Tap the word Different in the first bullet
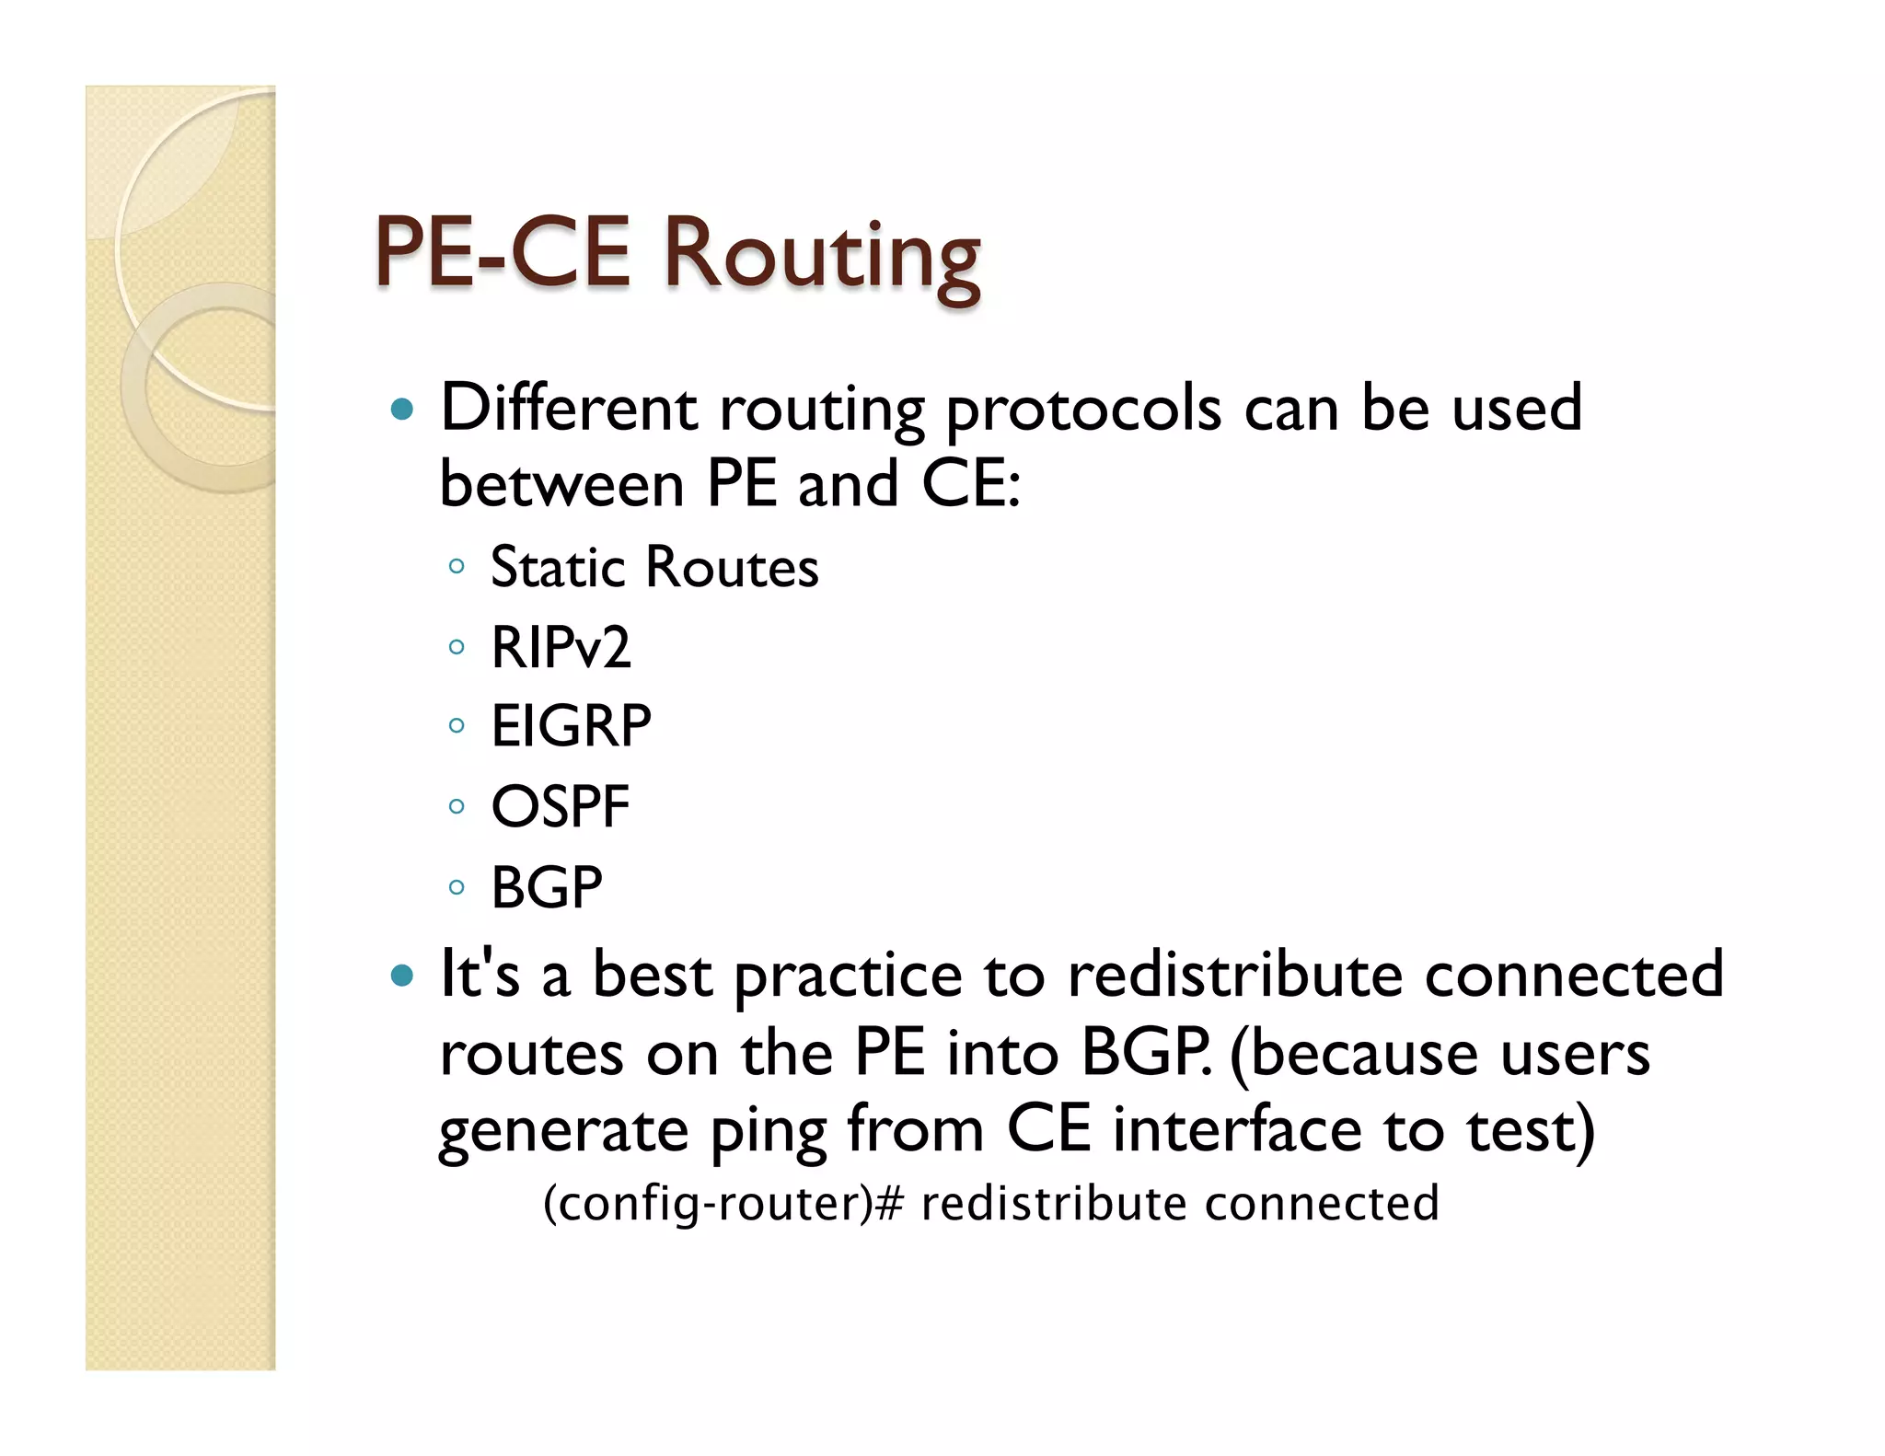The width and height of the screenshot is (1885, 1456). pyautogui.click(x=569, y=407)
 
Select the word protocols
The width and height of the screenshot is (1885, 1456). pyautogui.click(x=1084, y=410)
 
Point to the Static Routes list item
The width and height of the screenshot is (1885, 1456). pyautogui.click(x=654, y=567)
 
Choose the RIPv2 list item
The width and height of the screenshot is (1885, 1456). pyautogui.click(x=561, y=647)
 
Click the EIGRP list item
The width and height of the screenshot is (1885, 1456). pyautogui.click(x=571, y=726)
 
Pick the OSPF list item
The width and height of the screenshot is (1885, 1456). pyautogui.click(x=560, y=807)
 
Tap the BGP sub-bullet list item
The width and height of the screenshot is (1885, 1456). pyautogui.click(x=547, y=887)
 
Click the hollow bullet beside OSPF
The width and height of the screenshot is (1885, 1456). pyautogui.click(x=457, y=807)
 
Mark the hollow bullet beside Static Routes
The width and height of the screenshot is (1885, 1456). pyautogui.click(x=457, y=567)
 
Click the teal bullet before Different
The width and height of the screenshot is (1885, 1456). pyautogui.click(x=402, y=409)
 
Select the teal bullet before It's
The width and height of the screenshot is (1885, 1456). pyautogui.click(x=402, y=975)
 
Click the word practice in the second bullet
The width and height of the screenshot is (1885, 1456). pyautogui.click(x=848, y=976)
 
